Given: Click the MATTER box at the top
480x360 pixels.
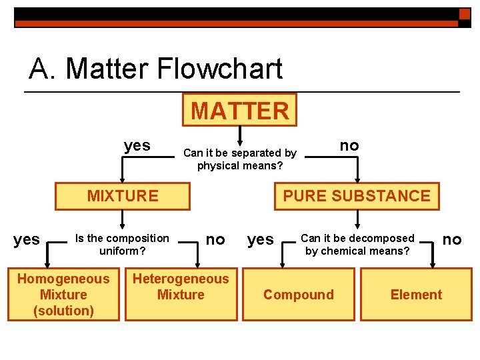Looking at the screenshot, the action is click(x=240, y=110).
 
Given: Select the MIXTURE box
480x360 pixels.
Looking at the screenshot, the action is click(x=123, y=196).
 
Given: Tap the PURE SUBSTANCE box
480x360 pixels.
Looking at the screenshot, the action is click(x=357, y=196).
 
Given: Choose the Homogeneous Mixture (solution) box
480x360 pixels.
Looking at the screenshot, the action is click(x=63, y=295).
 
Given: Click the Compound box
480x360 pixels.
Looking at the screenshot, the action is click(x=299, y=295).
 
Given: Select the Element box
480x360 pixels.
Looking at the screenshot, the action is click(x=416, y=295).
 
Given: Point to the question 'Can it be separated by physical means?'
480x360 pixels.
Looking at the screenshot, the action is click(x=240, y=159).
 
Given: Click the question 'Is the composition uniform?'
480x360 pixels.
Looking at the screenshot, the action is click(x=122, y=245).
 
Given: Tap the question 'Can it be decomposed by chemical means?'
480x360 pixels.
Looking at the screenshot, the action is click(x=357, y=245).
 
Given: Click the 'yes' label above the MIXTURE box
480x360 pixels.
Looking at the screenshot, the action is click(x=137, y=145).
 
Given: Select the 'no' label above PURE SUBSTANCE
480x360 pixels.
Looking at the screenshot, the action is click(x=349, y=145).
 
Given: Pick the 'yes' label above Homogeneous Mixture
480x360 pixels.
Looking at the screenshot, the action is click(x=27, y=239).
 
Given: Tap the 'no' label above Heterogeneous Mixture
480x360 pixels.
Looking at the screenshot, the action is click(x=215, y=239).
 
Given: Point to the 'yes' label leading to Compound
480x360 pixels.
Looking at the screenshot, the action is click(x=261, y=239).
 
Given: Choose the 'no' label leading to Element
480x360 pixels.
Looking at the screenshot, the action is click(x=452, y=239).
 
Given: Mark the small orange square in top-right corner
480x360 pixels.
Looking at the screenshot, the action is click(x=465, y=14).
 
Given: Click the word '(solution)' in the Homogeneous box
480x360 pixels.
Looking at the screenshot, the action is click(x=63, y=311).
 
